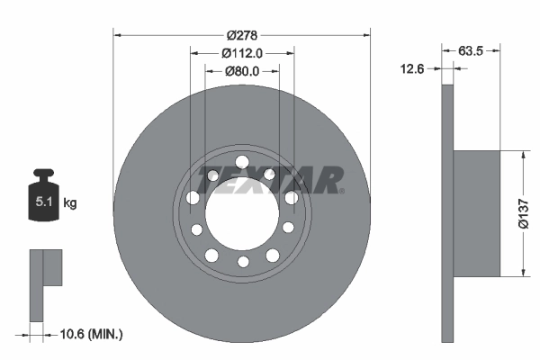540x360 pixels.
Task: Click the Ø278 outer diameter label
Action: coord(242,34)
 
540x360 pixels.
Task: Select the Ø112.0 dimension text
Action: coord(242,52)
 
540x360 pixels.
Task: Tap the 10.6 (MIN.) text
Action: coord(91,334)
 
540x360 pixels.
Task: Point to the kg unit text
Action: coord(69,203)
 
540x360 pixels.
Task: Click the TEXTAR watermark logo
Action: coord(270,180)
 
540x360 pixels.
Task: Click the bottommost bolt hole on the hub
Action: coord(242,262)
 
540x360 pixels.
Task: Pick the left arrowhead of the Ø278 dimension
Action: coord(118,34)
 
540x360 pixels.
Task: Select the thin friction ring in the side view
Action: coord(445,213)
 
